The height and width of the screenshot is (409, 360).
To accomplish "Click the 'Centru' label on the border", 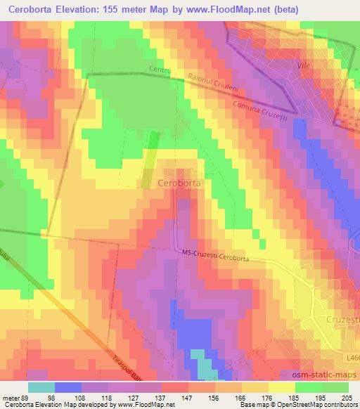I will click(x=161, y=70).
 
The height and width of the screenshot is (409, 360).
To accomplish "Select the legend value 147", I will click(x=187, y=398).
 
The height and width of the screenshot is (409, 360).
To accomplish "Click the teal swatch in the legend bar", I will click(x=41, y=387).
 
